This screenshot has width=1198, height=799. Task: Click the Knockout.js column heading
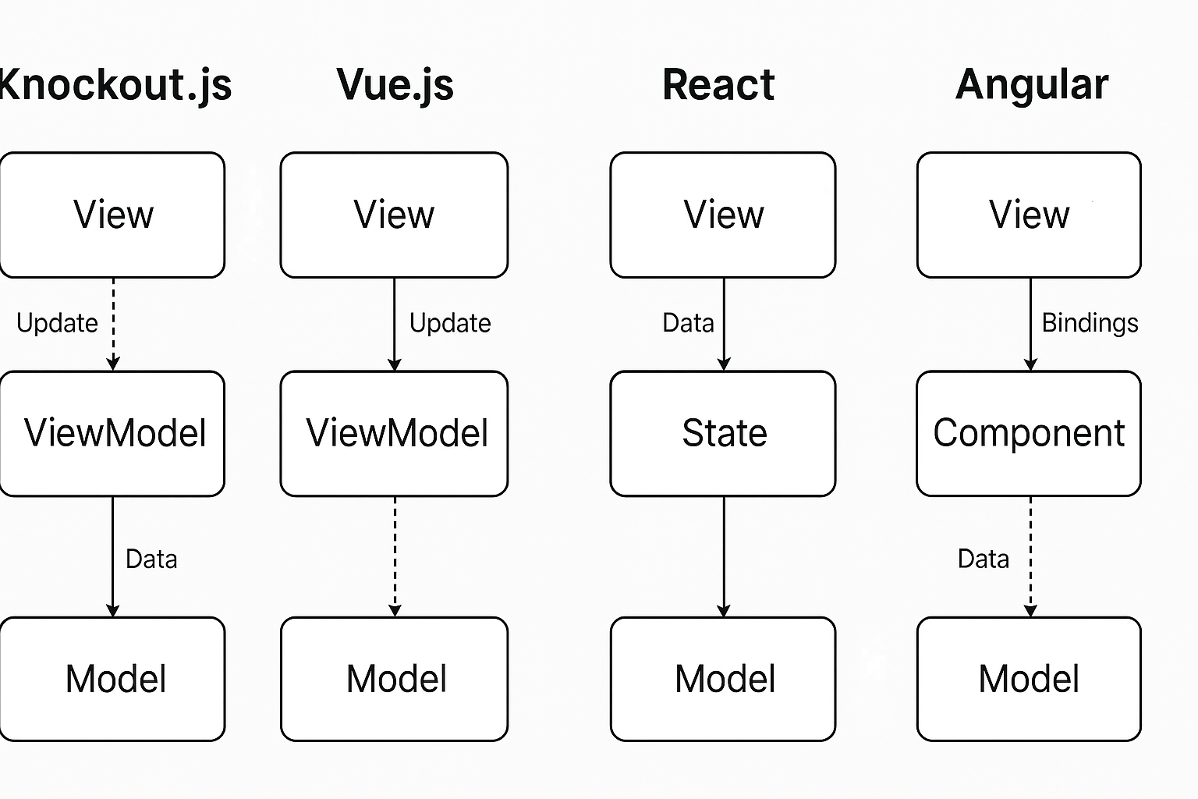pos(115,84)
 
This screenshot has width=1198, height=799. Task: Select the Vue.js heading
pos(395,84)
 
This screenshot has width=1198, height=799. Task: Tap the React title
pos(718,84)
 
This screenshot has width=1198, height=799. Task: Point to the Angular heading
pos(1031,84)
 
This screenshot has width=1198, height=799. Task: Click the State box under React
pos(723,433)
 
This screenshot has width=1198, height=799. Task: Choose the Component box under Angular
pos(1029,433)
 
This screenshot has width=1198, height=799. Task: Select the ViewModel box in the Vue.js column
pos(394,433)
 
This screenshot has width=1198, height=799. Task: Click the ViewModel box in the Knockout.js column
pos(113,433)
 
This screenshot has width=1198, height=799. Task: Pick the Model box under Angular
pos(1029,678)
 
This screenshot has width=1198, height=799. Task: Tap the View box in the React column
pos(723,215)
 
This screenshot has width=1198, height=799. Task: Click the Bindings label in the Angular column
pos(1090,323)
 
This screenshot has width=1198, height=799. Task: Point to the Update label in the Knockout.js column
pos(57,323)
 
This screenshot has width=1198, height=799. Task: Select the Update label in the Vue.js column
pos(450,323)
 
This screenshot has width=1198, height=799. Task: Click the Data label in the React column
pos(688,323)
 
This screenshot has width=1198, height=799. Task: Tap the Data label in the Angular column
pos(983,559)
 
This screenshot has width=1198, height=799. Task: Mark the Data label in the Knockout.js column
pos(151,559)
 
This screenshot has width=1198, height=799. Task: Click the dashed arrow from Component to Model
pos(1030,556)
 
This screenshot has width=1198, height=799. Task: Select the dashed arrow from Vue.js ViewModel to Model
pos(395,556)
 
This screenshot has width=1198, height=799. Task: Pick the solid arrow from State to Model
pos(724,556)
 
